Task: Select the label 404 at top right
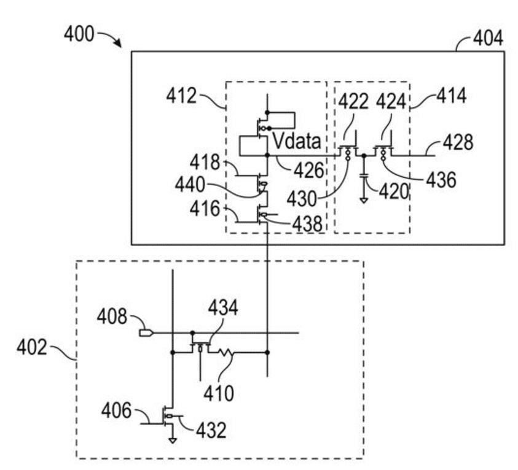[x=488, y=38]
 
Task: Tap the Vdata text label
[x=297, y=142]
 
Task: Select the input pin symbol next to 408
[x=146, y=333]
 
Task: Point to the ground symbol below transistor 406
[x=174, y=441]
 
